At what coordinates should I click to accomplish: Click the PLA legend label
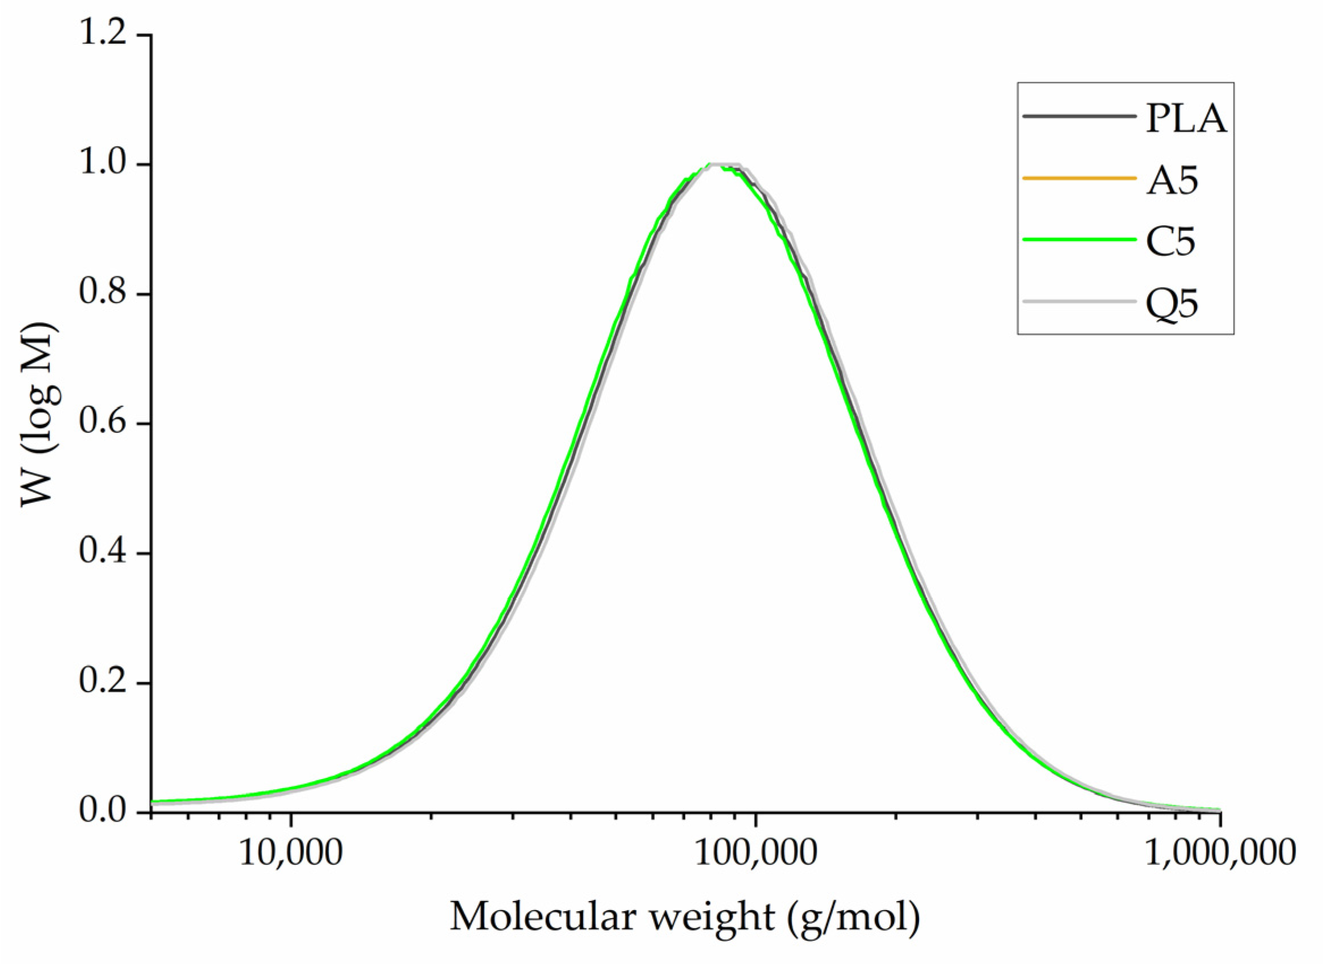coord(1185,119)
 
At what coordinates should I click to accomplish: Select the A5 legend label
coord(1171,180)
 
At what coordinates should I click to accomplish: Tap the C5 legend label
coord(1170,241)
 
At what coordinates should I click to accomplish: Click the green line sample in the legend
coord(1079,240)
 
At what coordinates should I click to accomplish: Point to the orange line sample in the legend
coord(1079,178)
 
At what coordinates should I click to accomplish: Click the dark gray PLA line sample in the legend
coord(1079,117)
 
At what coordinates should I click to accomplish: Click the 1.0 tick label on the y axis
coord(103,164)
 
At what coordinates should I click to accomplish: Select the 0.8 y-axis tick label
coord(103,293)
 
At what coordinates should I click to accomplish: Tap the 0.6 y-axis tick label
coord(103,423)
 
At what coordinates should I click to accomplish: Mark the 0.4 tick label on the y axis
coord(103,553)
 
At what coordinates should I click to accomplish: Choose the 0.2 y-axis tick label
coord(103,682)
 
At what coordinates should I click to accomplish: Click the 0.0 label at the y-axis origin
coord(103,812)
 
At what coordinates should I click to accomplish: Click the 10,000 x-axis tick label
coord(291,854)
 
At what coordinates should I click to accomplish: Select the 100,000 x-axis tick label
coord(755,854)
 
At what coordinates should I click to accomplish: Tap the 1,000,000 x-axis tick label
coord(1219,854)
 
